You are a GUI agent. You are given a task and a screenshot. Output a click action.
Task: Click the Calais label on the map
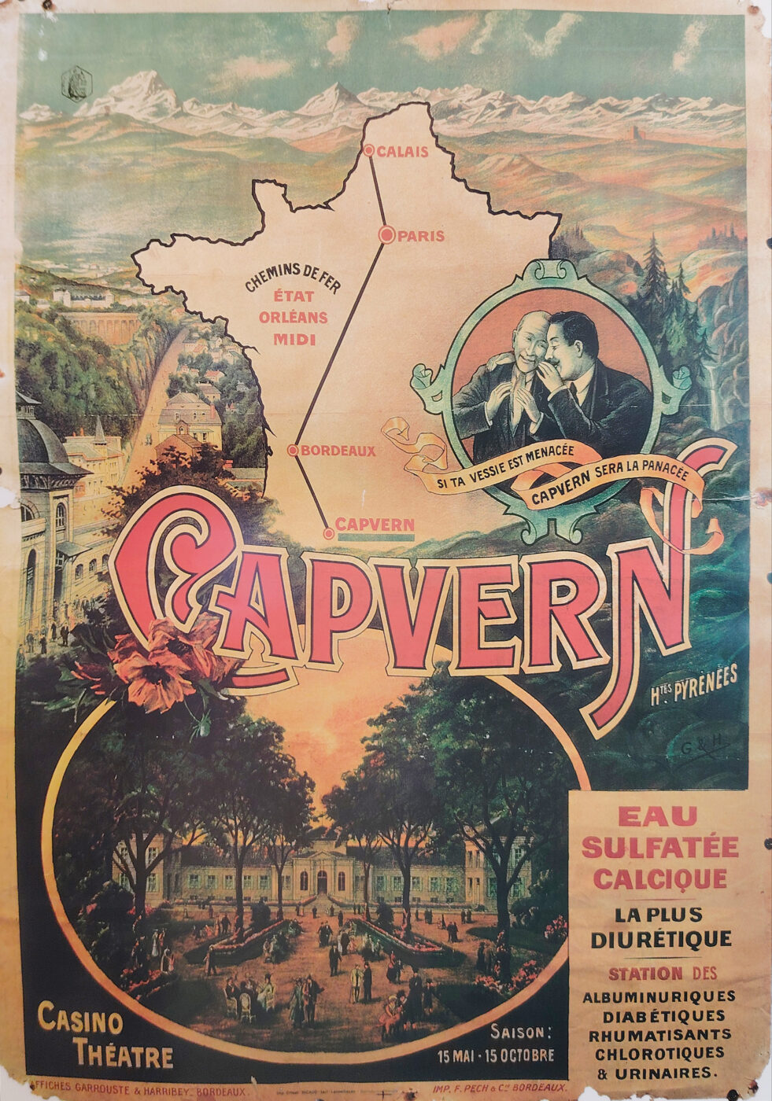click(402, 152)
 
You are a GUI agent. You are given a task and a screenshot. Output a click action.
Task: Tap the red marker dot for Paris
click(386, 234)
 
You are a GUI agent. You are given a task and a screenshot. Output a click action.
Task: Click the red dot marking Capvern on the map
click(328, 533)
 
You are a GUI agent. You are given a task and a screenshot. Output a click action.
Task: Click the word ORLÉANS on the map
click(289, 319)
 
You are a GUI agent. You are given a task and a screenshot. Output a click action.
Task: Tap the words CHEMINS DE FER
click(292, 279)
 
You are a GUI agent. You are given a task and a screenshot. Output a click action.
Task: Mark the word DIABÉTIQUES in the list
click(659, 1015)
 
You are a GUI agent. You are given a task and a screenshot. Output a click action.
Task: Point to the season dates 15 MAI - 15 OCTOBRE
click(496, 1055)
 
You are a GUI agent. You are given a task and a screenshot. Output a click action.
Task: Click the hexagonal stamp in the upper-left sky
click(77, 84)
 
